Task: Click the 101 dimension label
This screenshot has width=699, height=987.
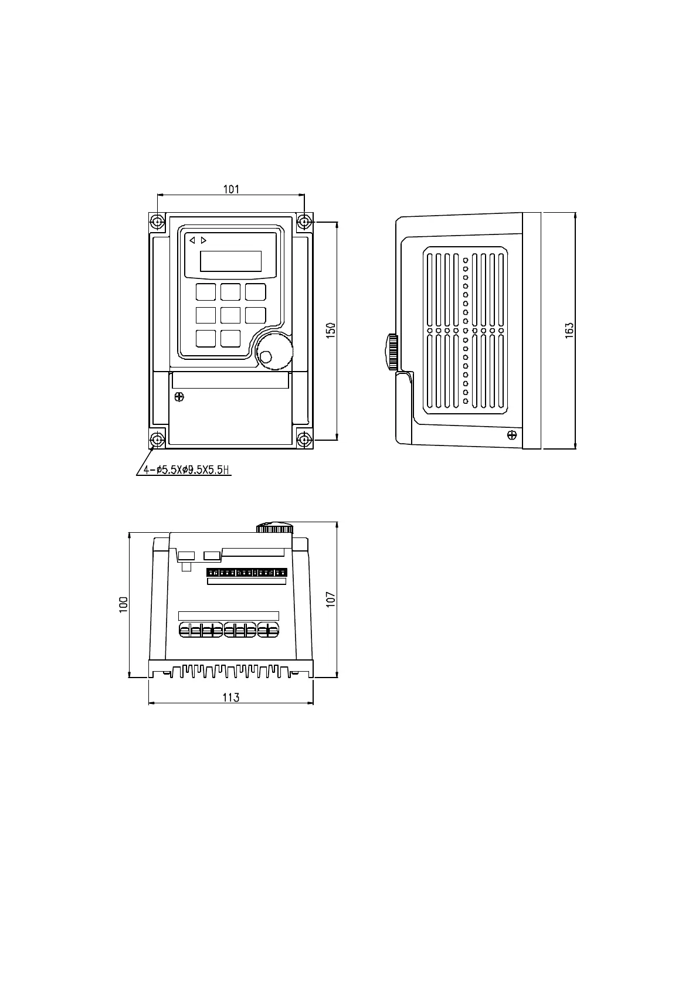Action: (x=231, y=189)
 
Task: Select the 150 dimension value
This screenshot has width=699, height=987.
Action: (x=330, y=330)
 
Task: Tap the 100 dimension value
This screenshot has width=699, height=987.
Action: (x=123, y=604)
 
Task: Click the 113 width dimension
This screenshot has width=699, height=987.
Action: (x=230, y=697)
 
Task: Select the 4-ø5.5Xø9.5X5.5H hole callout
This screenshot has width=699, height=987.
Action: (x=183, y=470)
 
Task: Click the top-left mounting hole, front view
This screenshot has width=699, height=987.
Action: (x=157, y=222)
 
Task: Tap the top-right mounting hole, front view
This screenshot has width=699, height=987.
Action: (x=304, y=222)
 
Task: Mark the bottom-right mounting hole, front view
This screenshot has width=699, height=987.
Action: (x=304, y=440)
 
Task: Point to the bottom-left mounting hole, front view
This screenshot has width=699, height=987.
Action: (x=157, y=440)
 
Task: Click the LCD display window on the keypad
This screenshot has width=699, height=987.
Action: (x=230, y=261)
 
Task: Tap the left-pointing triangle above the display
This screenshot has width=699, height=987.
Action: (x=192, y=240)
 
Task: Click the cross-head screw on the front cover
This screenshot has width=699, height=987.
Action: (x=179, y=397)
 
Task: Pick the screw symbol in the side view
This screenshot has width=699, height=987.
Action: (x=511, y=435)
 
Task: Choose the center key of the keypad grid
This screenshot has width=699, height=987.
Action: (x=230, y=315)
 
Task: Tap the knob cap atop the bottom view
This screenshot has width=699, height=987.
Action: (x=274, y=527)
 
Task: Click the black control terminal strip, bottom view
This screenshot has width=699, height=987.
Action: (x=246, y=572)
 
